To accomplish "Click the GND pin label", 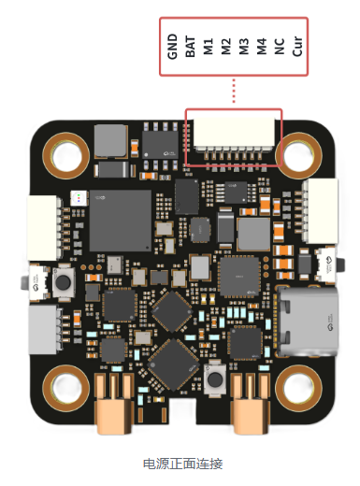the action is click(172, 47).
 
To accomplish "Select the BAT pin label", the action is click(190, 47).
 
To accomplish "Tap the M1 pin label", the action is click(208, 47).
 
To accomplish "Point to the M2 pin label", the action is click(225, 47).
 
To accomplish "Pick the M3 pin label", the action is click(243, 47).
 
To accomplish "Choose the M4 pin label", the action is click(262, 47).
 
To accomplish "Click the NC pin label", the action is click(280, 47).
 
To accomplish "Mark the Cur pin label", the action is click(297, 47).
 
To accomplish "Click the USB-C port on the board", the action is click(307, 322).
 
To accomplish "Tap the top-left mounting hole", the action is click(66, 155).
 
